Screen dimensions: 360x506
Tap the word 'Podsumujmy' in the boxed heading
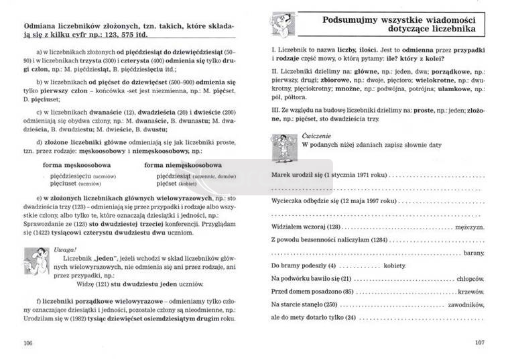tap(345, 20)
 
